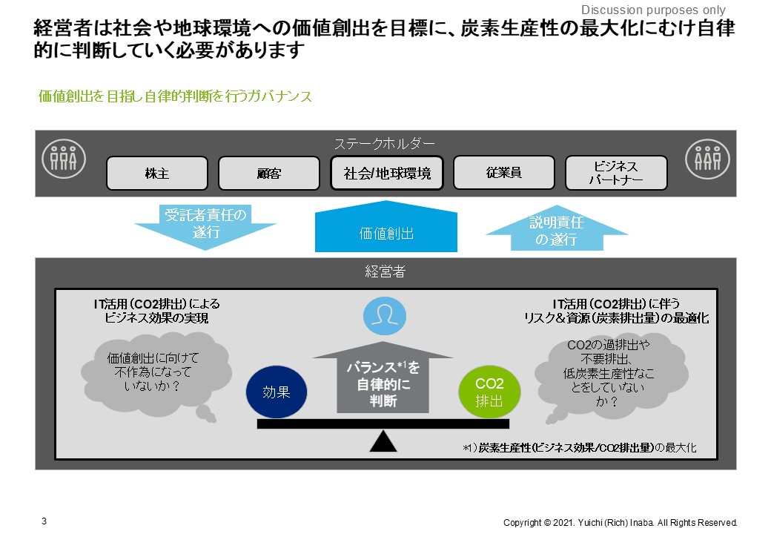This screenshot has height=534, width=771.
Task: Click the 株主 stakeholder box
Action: (157, 174)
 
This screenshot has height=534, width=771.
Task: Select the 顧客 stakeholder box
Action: (269, 174)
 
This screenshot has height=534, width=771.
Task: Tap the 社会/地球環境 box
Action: (387, 174)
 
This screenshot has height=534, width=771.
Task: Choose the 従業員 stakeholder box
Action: (504, 173)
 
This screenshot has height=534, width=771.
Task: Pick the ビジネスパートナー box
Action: (616, 174)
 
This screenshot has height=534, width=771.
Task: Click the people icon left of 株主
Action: (62, 156)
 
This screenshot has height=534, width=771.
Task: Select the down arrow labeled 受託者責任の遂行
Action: (205, 225)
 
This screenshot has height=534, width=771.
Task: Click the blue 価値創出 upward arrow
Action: (385, 228)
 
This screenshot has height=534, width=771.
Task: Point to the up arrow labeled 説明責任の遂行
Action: (557, 228)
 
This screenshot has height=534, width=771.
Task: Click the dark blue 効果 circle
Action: (276, 392)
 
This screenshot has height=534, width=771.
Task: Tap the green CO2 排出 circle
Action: (489, 392)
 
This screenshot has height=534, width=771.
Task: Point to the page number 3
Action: (44, 521)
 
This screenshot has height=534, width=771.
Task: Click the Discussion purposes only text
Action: (653, 10)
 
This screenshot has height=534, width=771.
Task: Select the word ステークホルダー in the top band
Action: (385, 143)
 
